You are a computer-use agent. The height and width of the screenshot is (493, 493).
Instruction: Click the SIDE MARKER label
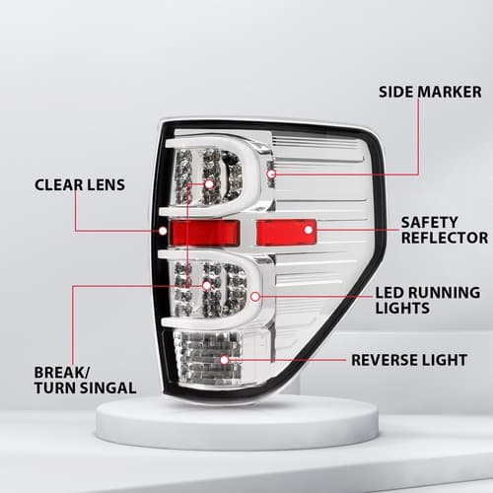[430, 92]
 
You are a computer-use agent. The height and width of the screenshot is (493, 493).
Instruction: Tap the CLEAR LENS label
[80, 184]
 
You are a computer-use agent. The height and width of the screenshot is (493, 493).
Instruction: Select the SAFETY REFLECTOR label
[445, 230]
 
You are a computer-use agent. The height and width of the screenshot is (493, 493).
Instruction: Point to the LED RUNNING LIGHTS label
[428, 301]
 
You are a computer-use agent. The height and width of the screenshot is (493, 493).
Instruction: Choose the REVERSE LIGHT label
[409, 360]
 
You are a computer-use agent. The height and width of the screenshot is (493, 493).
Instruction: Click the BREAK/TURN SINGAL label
[85, 381]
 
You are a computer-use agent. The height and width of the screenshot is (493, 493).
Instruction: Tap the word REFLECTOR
[445, 238]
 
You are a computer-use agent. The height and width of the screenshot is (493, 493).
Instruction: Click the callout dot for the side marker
[271, 174]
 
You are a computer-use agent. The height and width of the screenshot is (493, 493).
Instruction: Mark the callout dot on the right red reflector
[309, 230]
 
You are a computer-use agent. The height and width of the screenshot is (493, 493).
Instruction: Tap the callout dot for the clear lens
[163, 231]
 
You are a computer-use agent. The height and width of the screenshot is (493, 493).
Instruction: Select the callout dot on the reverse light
[225, 360]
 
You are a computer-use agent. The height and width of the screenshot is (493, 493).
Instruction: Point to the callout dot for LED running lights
[255, 297]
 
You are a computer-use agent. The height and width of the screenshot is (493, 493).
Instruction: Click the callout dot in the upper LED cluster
[209, 184]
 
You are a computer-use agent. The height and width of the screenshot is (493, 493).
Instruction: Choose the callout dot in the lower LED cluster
[207, 285]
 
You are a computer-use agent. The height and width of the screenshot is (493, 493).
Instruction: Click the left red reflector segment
[204, 233]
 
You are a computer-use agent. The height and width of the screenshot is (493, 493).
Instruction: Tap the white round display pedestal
[237, 424]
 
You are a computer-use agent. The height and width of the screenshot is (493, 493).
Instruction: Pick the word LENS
[106, 184]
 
